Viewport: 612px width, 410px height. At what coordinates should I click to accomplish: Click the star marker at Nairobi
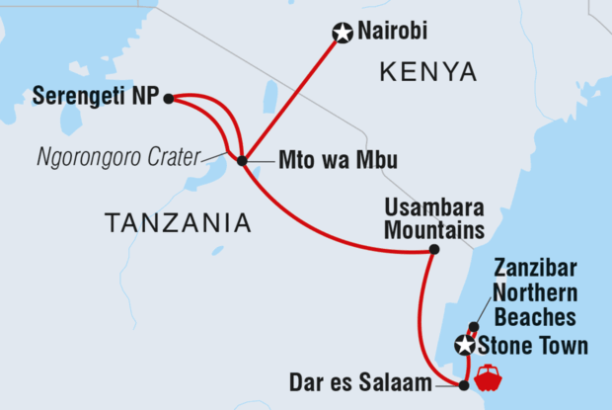click(x=342, y=35)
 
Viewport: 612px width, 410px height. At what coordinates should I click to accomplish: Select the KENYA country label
click(x=427, y=71)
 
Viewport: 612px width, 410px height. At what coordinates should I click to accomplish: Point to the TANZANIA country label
click(x=177, y=224)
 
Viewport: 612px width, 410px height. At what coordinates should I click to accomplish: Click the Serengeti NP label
click(x=95, y=97)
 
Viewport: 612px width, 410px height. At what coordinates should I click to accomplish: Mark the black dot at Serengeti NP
click(x=169, y=98)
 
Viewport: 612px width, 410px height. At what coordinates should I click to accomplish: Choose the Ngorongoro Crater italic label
click(x=117, y=156)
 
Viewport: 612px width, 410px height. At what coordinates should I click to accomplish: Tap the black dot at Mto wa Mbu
click(x=243, y=159)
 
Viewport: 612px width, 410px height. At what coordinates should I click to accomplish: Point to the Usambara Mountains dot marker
click(x=434, y=250)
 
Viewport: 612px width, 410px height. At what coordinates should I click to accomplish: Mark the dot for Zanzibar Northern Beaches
click(x=474, y=327)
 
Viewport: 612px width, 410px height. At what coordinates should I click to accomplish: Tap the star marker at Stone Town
click(x=464, y=346)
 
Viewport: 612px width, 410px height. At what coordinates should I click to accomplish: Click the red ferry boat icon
click(x=489, y=377)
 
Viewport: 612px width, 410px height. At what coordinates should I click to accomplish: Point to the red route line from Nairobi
click(x=292, y=96)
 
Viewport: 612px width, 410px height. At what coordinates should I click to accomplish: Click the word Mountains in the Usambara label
click(x=438, y=230)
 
